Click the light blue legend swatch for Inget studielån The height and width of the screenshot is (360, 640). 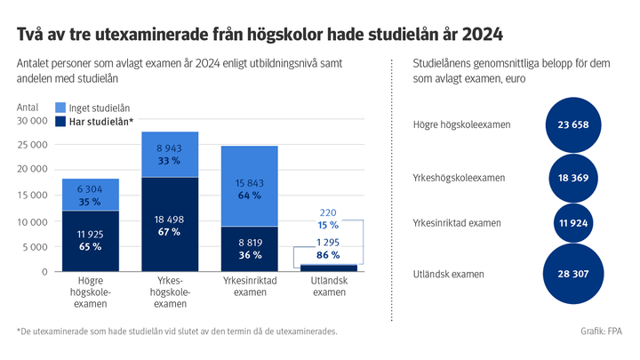pyautogui.click(x=60, y=108)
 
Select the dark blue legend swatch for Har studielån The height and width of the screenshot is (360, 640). pyautogui.click(x=60, y=122)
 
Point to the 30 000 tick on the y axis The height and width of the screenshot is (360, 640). pyautogui.click(x=32, y=120)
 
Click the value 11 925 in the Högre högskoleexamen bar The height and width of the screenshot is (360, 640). pyautogui.click(x=90, y=233)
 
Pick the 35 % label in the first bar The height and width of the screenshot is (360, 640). pyautogui.click(x=90, y=203)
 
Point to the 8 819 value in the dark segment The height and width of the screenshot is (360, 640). pyautogui.click(x=250, y=242)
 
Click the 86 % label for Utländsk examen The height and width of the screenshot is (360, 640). pyautogui.click(x=328, y=254)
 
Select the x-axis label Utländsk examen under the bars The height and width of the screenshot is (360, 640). pyautogui.click(x=329, y=285)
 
